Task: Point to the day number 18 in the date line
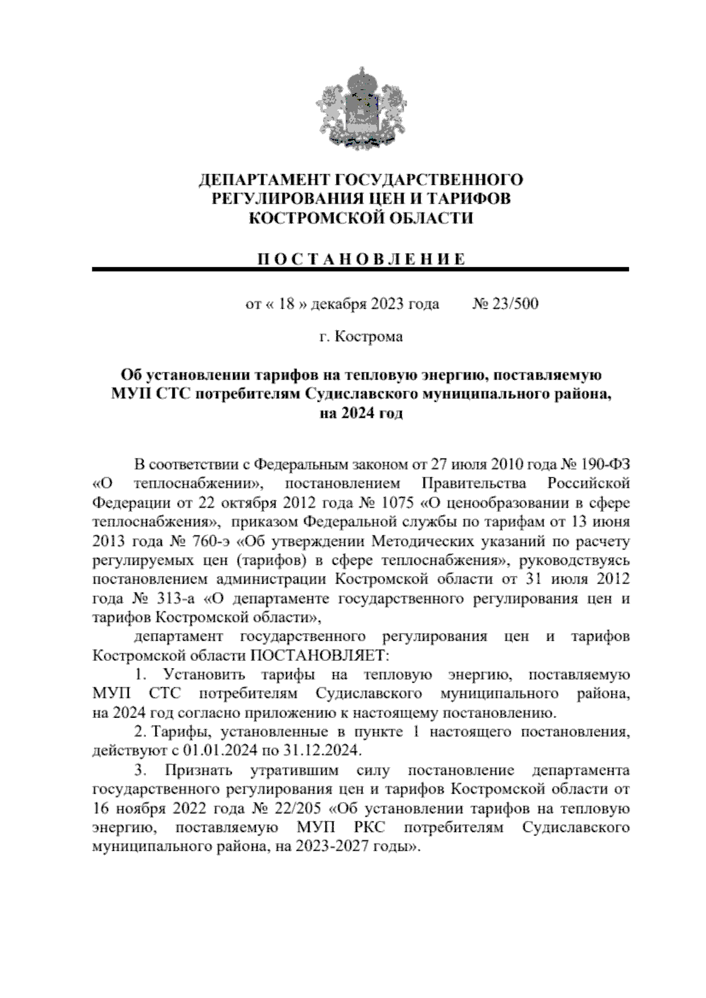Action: click(x=287, y=304)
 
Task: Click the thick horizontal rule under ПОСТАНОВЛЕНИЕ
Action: click(x=361, y=270)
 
